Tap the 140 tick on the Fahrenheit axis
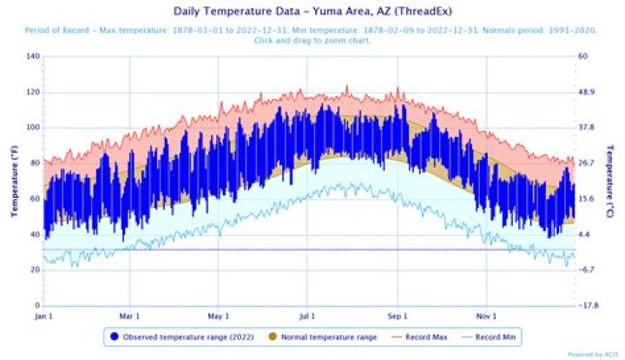[34, 56]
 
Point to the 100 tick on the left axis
[34, 128]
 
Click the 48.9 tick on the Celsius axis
[586, 92]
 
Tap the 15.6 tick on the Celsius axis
[586, 199]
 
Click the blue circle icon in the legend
[115, 335]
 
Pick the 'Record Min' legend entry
[502, 335]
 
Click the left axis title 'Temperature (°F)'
[14, 181]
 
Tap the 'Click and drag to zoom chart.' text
[312, 41]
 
